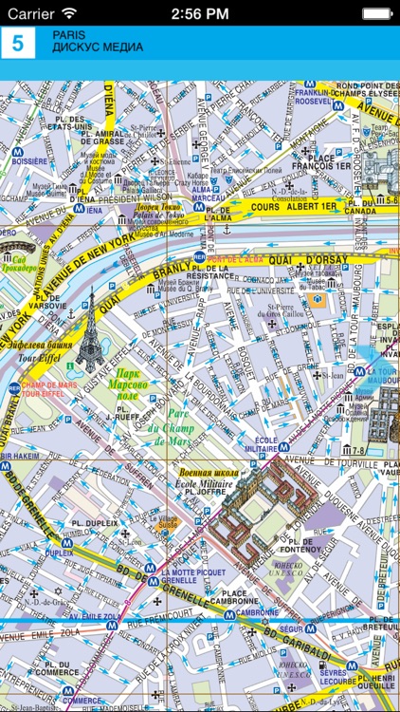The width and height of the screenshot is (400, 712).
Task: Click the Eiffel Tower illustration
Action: pyautogui.click(x=91, y=328)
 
